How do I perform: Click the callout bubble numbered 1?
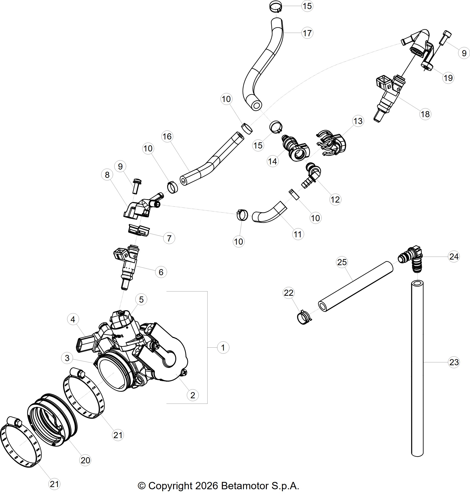coord(223,348)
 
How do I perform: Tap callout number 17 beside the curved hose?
coord(307,33)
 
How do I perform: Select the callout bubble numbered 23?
coord(454,362)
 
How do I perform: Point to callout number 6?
coord(161,272)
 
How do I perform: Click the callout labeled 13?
coord(358,121)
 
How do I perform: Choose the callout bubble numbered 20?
coord(85,460)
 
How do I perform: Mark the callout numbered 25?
coord(342,262)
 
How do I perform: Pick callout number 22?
coord(289,293)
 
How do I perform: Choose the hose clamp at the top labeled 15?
coord(276,7)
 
